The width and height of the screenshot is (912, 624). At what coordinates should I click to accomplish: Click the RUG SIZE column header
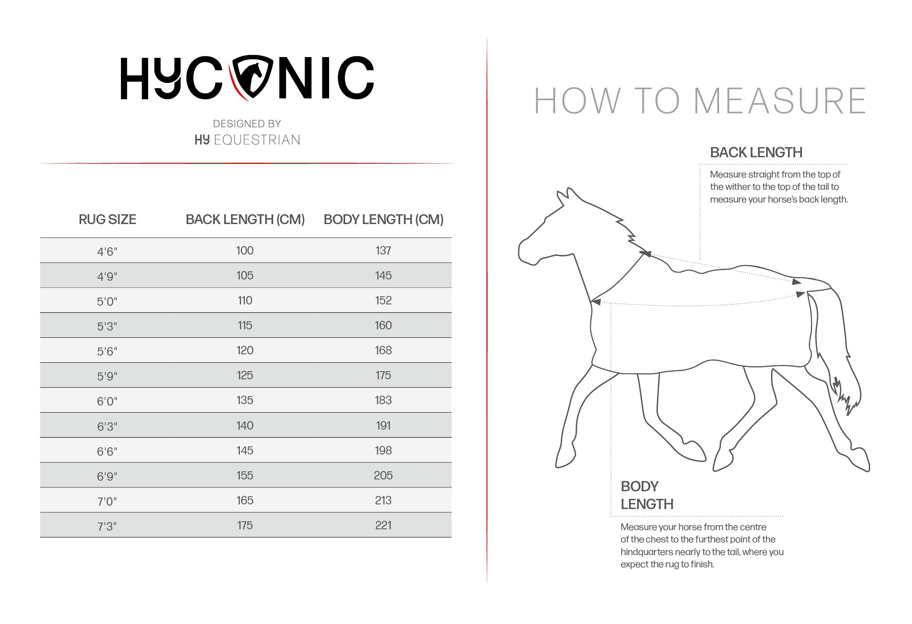[x=107, y=219]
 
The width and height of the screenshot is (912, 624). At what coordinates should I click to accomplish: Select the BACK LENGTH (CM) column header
[x=245, y=219]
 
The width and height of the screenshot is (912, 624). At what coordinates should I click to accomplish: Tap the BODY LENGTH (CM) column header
[x=383, y=219]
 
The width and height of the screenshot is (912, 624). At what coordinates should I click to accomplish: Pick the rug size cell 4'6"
[x=107, y=252]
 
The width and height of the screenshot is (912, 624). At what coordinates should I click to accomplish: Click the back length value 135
[x=244, y=400]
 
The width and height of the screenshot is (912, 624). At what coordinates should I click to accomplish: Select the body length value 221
[x=383, y=525]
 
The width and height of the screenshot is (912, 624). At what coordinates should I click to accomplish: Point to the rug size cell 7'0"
[x=107, y=501]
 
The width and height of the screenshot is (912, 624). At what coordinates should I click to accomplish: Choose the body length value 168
[x=383, y=350]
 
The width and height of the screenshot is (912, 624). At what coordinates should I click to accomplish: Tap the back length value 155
[x=244, y=475]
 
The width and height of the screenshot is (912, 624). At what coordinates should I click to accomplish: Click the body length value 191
[x=383, y=425]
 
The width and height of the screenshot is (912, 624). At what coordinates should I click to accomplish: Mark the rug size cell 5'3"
[x=107, y=326]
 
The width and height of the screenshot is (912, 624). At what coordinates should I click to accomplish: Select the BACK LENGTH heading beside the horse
[x=756, y=152]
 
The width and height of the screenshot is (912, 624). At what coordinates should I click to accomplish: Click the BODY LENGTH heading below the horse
[x=646, y=495]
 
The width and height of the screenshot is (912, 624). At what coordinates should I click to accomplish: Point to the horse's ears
[x=566, y=196]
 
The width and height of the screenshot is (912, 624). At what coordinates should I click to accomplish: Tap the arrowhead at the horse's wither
[x=645, y=254]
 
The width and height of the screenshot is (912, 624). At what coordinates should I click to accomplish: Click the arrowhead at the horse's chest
[x=596, y=301]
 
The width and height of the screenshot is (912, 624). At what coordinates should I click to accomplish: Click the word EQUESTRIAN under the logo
[x=257, y=140]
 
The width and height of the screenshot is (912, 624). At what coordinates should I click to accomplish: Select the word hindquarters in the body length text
[x=646, y=552]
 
